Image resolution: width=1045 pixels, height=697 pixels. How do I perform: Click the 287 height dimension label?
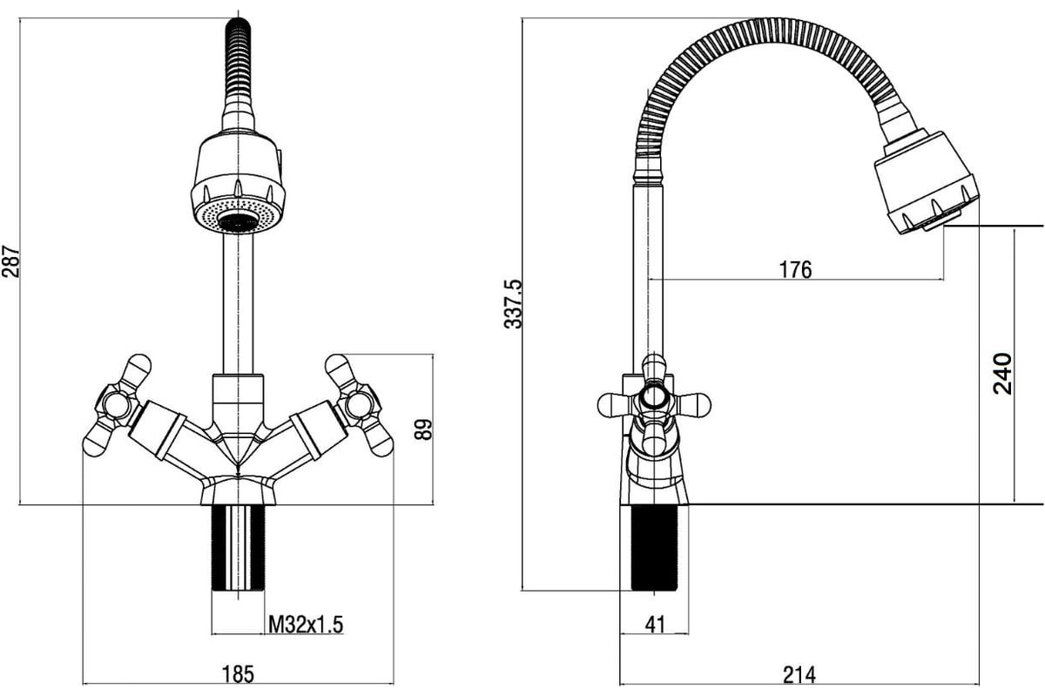(x=10, y=261)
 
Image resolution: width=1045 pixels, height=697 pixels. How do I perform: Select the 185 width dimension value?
(x=238, y=674)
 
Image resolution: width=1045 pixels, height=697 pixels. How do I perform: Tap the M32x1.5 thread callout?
(x=306, y=624)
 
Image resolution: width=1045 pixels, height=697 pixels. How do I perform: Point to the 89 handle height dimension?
(x=423, y=430)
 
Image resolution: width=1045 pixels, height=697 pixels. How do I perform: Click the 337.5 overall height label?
(x=513, y=304)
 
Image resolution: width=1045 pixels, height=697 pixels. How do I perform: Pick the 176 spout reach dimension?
(x=795, y=269)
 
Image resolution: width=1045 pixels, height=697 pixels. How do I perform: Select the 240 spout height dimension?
(x=1002, y=374)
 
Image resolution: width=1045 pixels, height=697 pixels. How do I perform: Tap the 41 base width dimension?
(x=655, y=624)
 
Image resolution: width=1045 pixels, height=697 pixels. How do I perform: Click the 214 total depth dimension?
(x=799, y=674)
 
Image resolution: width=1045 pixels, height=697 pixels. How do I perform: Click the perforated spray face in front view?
(x=239, y=216)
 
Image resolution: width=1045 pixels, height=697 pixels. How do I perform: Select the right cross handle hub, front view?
(x=359, y=405)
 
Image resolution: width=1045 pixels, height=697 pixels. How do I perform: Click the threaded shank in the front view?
(x=238, y=548)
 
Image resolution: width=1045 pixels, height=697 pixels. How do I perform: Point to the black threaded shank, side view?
(x=654, y=548)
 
